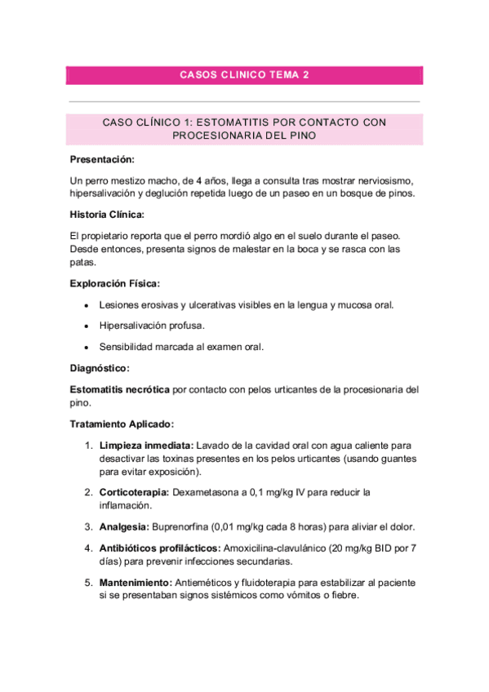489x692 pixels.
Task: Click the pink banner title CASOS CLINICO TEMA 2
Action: click(244, 75)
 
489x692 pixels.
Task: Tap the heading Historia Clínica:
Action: click(107, 214)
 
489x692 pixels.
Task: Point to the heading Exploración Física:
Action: click(115, 283)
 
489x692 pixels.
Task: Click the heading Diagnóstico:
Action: click(100, 369)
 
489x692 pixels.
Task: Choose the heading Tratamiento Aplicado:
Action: click(122, 424)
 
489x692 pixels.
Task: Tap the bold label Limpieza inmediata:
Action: click(146, 446)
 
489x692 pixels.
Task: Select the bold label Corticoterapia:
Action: click(135, 492)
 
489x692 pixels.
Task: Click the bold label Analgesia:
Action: click(123, 526)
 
